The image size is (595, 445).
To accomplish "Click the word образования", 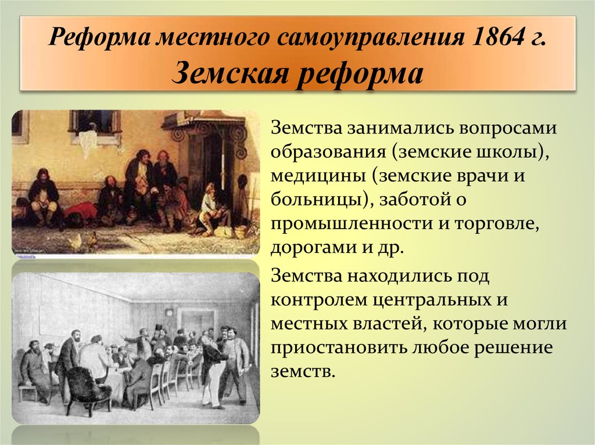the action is point(328,153).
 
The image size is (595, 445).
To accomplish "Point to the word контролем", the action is point(319,300).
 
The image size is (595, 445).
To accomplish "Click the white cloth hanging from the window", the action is point(89,140).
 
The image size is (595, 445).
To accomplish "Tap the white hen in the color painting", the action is point(76,241).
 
